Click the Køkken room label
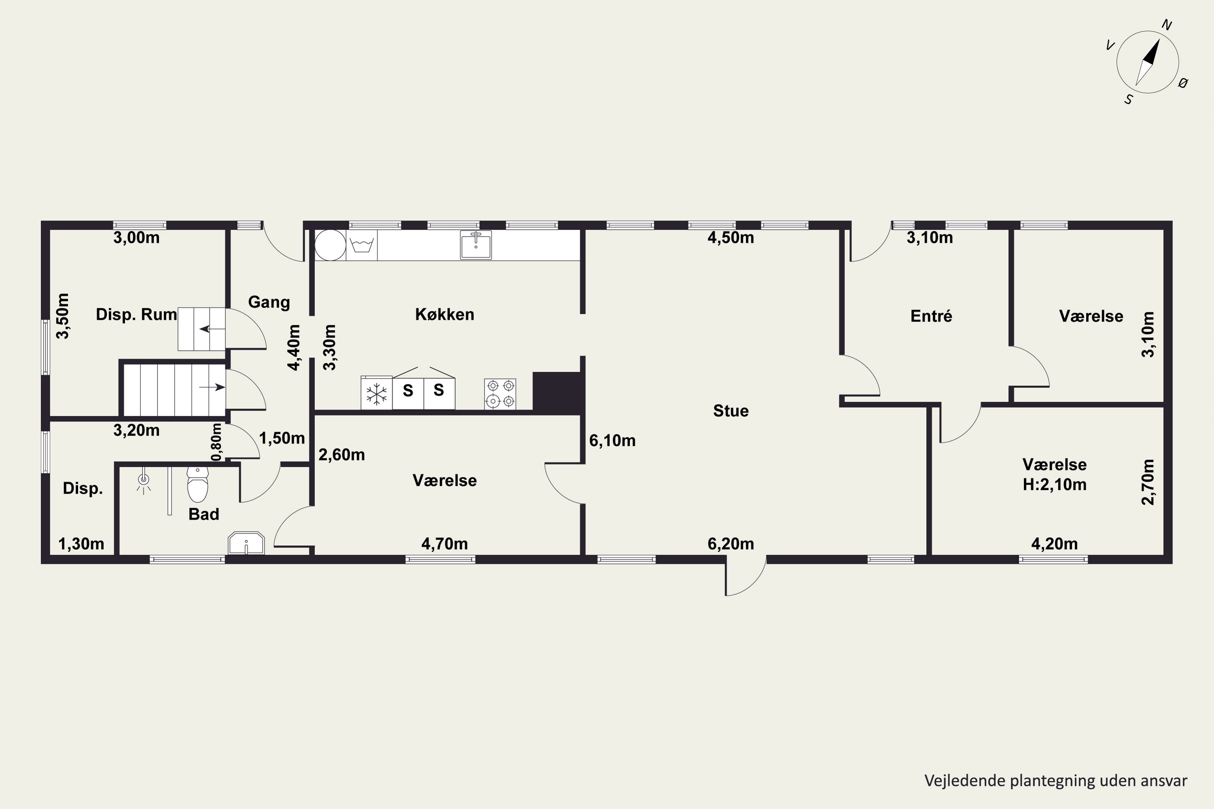point(444,315)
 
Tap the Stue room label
point(730,411)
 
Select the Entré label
point(931,316)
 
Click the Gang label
point(269,302)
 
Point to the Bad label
point(204,515)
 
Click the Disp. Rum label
point(136,314)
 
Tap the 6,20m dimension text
point(730,544)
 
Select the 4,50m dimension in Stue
point(730,238)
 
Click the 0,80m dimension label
point(217,442)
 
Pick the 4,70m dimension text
point(444,544)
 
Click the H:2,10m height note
point(1055,485)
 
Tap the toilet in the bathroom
point(197,485)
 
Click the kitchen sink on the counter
point(475,245)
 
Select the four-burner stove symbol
point(500,394)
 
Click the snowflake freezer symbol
point(377,394)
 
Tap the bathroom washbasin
point(246,544)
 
